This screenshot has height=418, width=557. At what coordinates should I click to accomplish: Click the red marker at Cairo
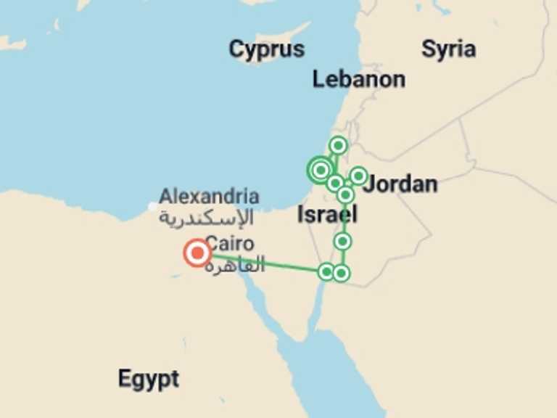click(197, 253)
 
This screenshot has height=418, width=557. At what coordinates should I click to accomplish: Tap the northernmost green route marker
click(337, 146)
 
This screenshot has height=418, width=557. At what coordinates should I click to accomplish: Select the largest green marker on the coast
click(320, 170)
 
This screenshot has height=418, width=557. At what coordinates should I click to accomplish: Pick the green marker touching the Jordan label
click(358, 176)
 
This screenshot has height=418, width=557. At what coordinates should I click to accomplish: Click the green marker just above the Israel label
click(346, 194)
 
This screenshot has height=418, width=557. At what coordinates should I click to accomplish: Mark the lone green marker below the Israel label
click(342, 241)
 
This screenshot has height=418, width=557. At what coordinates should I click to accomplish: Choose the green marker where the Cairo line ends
click(326, 272)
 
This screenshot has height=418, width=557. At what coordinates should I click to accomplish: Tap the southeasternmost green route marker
click(342, 273)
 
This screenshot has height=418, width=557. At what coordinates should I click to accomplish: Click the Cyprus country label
click(266, 50)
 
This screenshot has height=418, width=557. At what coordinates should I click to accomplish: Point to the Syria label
click(448, 49)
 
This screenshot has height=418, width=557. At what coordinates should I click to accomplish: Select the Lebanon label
click(358, 79)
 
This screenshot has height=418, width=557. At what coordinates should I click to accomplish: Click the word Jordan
click(401, 184)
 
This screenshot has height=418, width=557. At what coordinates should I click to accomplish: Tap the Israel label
click(327, 214)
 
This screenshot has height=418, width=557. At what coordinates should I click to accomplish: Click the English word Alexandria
click(209, 196)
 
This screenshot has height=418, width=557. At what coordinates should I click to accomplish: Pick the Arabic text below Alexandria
click(207, 217)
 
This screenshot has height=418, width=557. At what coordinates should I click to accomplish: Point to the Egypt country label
click(149, 379)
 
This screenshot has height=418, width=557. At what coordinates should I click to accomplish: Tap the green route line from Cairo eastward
click(265, 263)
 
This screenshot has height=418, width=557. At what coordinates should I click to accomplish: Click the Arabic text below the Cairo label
click(234, 266)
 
